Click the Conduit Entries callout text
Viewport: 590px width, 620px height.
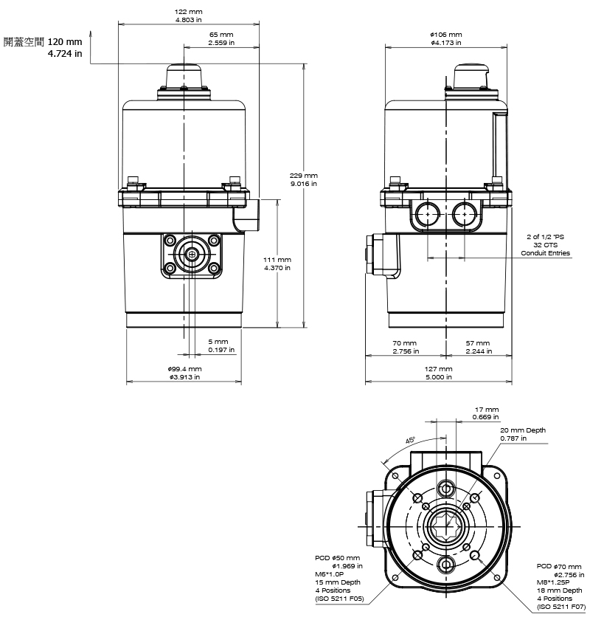546,253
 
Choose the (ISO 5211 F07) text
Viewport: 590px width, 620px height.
561,607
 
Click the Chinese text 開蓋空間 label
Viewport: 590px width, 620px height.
24,42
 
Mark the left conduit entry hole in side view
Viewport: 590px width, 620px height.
426,214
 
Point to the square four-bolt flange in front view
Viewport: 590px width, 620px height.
192,255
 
